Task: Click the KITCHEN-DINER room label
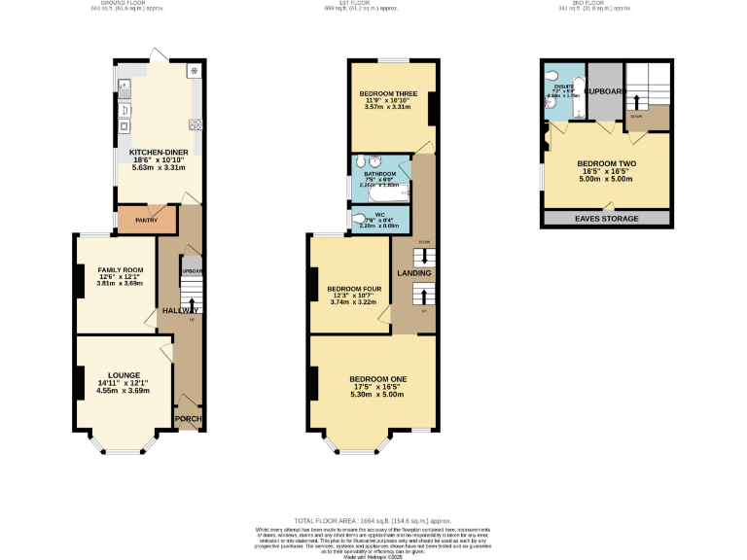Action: point(159,152)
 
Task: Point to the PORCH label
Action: point(187,420)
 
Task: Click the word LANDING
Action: point(412,273)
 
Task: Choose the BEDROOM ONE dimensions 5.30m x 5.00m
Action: point(378,396)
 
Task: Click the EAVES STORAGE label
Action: point(608,219)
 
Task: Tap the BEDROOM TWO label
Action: point(607,163)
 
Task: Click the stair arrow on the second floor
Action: point(638,100)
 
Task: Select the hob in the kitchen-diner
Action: point(196,123)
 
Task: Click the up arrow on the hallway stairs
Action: point(192,303)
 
